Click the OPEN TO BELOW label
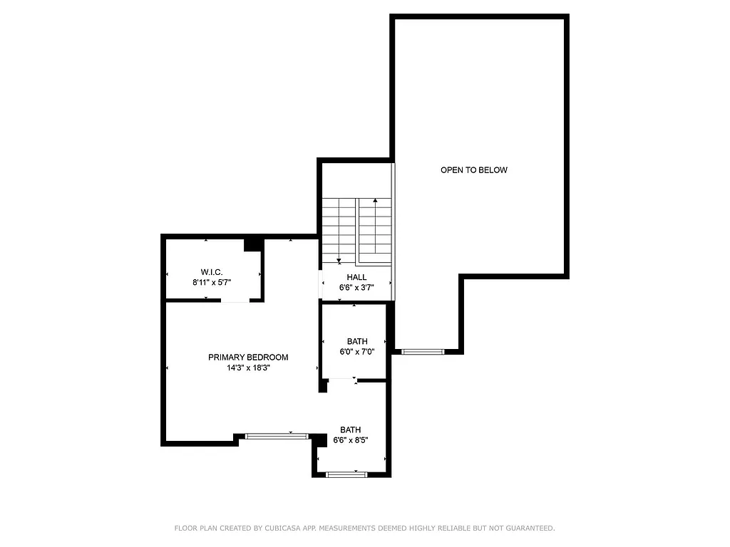[x=473, y=170]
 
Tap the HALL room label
[x=356, y=277]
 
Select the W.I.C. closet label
[x=212, y=272]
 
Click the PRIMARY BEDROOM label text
[x=248, y=358]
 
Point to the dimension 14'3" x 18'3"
[x=248, y=368]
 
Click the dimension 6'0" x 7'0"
[x=357, y=352]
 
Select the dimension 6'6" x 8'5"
[x=350, y=440]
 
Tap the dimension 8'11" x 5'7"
[x=212, y=283]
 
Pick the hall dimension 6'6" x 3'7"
[x=356, y=288]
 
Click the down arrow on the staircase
[x=339, y=260]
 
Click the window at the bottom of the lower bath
[x=346, y=474]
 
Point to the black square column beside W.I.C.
[x=253, y=244]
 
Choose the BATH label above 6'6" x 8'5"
[x=350, y=429]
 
